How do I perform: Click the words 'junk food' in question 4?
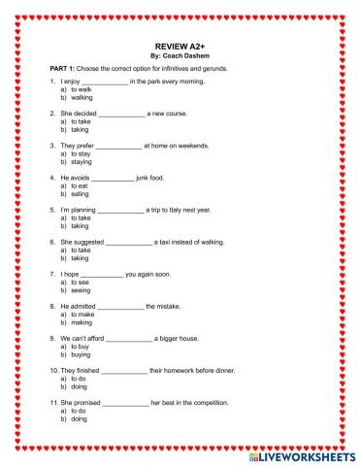(158, 178)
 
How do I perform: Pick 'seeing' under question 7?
(82, 289)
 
